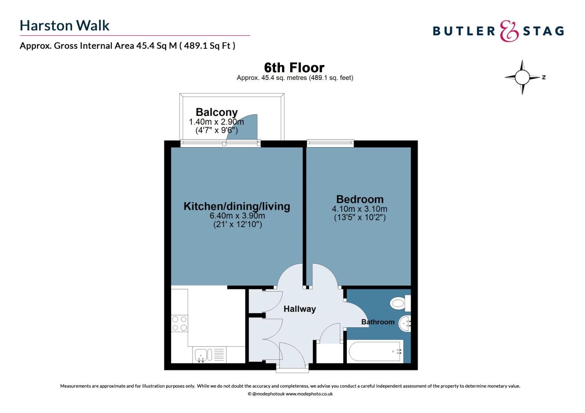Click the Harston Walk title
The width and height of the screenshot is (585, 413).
point(64,26)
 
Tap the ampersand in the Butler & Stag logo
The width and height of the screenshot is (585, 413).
point(509,31)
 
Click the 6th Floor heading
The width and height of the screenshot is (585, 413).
point(294,68)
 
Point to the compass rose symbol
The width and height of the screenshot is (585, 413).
point(522,77)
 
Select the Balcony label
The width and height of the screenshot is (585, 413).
point(216,112)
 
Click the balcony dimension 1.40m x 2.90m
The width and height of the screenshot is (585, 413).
point(216,122)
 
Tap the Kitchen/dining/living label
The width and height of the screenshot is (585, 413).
point(237,206)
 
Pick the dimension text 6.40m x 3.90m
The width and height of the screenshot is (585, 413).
point(237,216)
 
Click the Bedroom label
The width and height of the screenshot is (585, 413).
point(359,199)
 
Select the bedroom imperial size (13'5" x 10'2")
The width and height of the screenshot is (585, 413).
point(359,218)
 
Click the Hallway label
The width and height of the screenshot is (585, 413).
point(299,309)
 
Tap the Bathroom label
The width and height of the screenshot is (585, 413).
point(377,322)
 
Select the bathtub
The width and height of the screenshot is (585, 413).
point(375,351)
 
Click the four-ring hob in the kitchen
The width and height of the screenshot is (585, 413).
point(179,324)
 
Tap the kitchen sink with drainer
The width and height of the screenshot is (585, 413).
point(209,355)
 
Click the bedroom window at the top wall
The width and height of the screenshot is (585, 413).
point(330,143)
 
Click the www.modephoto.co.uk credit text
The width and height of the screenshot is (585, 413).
point(309,394)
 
